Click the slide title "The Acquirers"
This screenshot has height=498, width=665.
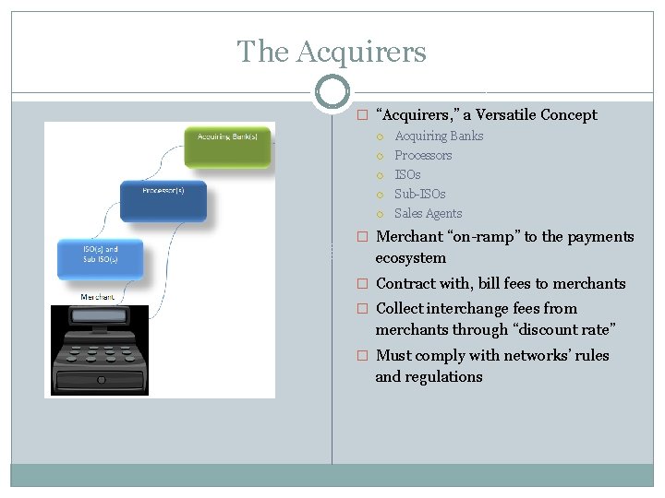coord(332,52)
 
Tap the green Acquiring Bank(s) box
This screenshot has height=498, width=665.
coord(228,146)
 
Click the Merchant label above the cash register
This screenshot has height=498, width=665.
coord(98,297)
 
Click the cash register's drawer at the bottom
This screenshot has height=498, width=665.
coord(99,378)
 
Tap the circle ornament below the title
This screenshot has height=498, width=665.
coord(332,92)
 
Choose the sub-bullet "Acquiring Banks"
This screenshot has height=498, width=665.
coord(439,136)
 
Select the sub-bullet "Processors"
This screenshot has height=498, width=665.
coord(423,156)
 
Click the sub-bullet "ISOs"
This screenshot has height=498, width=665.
coord(407,175)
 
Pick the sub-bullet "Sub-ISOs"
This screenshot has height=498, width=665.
coord(419,195)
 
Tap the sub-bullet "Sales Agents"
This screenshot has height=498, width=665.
coord(428,214)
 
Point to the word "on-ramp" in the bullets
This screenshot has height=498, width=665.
coord(485,237)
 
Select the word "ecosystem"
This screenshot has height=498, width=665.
coord(410,258)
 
